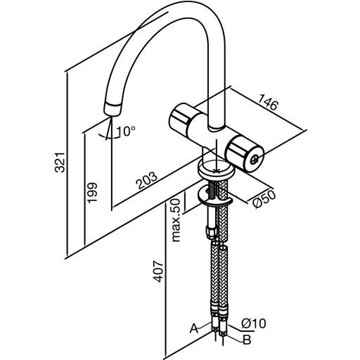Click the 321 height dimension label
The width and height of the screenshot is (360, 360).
[x=60, y=162]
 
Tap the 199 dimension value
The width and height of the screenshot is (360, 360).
[x=91, y=193]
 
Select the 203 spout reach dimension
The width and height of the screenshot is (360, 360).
[x=147, y=180]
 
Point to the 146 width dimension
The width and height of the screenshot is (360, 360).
[x=268, y=102]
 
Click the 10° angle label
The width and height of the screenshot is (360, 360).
[x=126, y=131]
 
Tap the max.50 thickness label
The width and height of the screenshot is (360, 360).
[x=176, y=220]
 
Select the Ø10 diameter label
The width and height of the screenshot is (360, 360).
[x=254, y=323]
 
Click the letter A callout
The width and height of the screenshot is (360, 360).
[x=194, y=328]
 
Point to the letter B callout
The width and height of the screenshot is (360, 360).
[x=247, y=340]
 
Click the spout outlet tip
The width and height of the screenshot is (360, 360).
[x=112, y=110]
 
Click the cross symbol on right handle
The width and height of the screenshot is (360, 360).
[x=255, y=160]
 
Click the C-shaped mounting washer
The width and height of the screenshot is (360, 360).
[x=214, y=198]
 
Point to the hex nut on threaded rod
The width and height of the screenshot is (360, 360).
[x=210, y=232]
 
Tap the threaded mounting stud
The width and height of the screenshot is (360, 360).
[x=211, y=190]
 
